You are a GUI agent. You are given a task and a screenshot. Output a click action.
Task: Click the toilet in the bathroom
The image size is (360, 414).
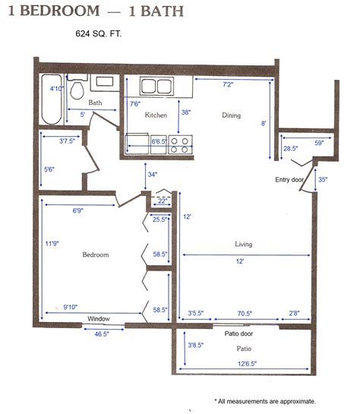tap(77, 87)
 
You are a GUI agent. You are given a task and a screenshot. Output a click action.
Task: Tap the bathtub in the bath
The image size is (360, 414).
tap(52, 100)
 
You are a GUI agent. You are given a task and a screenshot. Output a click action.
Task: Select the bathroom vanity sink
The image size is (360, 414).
tap(105, 83)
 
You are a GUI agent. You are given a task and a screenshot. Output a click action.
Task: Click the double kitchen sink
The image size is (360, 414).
tap(156, 86)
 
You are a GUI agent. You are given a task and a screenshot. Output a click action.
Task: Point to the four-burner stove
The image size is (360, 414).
tap(180, 144)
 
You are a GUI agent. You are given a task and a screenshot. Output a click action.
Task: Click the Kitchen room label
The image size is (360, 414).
tap(156, 115)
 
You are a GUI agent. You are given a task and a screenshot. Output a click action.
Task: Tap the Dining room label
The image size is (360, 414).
tap(231, 115)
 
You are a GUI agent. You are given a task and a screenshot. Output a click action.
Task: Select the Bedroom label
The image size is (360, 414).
tap(96, 254)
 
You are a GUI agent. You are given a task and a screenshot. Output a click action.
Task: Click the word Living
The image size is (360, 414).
tap(243, 244)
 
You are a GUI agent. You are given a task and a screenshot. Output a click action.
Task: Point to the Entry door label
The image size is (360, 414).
tap(289, 180)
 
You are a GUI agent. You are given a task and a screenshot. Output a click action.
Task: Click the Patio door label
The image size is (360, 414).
tap(238, 333)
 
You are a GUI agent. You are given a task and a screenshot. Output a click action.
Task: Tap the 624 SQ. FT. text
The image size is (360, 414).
tap(99, 33)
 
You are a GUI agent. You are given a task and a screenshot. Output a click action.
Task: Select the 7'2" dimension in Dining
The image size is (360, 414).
tap(228, 84)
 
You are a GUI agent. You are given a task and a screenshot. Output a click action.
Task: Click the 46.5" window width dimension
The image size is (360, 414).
tap(102, 334)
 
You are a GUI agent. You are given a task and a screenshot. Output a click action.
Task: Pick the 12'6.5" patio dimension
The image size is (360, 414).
tap(248, 364)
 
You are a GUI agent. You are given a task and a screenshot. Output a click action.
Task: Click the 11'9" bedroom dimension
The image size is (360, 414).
tap(52, 243)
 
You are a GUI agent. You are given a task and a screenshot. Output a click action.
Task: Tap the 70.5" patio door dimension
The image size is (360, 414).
tap(245, 314)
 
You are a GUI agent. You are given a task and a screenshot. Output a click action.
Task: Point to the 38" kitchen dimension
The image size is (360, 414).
tap(186, 112)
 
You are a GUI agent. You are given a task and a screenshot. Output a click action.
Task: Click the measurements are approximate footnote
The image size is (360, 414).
tap(265, 401)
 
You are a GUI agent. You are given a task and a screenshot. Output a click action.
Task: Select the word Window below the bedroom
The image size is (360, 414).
tap(99, 319)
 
